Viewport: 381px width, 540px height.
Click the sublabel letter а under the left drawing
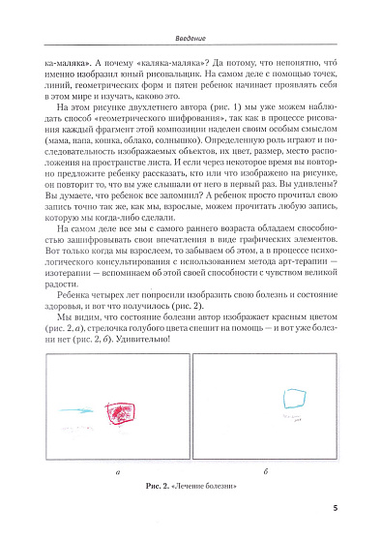click(118, 470)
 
